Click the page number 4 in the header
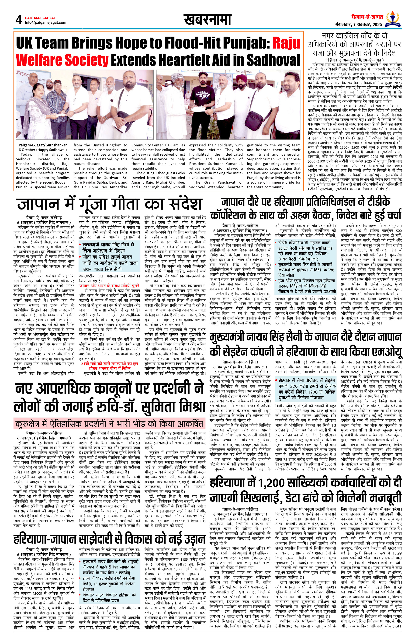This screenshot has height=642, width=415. (19, 20)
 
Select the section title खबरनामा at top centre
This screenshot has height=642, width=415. (207, 20)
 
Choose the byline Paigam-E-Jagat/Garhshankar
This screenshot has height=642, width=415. (43, 145)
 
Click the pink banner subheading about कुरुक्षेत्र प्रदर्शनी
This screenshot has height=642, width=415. (109, 424)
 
